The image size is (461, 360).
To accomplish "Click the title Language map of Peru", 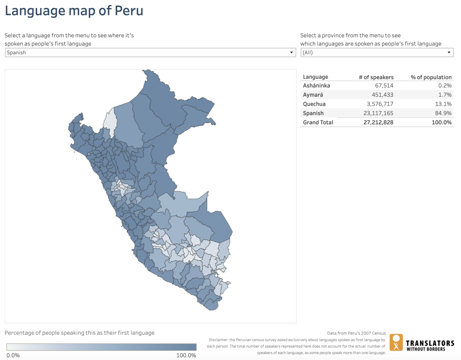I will coord(74,11).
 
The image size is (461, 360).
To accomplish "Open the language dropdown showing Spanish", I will coord(150,52).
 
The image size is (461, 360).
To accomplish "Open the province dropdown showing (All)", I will coord(377,52).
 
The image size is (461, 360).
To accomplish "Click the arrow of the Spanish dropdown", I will coord(291,52).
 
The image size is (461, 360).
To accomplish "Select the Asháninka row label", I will coord(316,85).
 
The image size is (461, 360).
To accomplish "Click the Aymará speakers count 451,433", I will coord(382,95).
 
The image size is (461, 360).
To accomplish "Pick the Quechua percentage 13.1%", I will coord(443,104).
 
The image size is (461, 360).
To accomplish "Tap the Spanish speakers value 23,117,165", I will coord(378,113).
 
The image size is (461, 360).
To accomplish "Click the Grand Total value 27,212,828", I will coord(378,122).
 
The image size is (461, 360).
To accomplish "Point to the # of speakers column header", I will coord(376,77).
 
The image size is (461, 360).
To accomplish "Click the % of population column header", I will coord(431,77).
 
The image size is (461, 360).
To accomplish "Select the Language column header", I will coord(315,77).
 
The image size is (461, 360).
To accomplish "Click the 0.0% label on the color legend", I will coord(13,355).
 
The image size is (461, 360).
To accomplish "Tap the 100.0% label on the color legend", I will coord(186,355).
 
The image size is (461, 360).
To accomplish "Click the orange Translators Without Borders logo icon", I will coord(396,342).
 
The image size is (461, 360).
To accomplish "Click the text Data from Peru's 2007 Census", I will coord(356,333).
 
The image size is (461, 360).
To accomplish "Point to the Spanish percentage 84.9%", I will coord(443,113).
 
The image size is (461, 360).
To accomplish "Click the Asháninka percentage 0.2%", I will coord(444,85).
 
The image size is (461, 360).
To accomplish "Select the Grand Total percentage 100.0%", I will coord(441,122).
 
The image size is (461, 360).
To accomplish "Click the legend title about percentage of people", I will coord(80,333).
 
